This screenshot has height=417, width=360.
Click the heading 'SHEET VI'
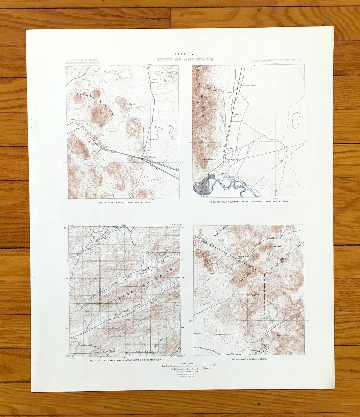[x=185, y=54]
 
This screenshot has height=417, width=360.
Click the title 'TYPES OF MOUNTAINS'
[x=185, y=60]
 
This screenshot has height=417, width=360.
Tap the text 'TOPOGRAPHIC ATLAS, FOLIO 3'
[x=278, y=60]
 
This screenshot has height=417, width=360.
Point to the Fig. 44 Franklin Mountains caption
[x=248, y=202]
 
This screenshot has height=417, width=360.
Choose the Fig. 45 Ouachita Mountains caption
[x=125, y=360]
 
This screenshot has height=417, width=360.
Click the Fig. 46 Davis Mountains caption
[x=249, y=360]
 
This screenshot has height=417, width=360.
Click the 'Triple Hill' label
[x=131, y=104]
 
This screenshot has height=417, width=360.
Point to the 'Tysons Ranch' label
[x=249, y=85]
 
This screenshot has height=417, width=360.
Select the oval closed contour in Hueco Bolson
[x=295, y=119]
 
